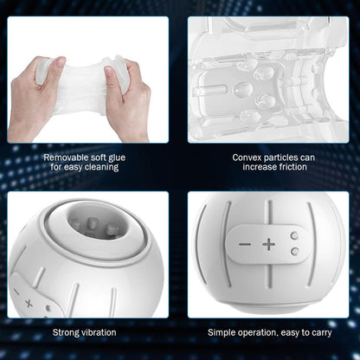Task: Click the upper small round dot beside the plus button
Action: coord(295,235)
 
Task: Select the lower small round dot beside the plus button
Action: coord(295,251)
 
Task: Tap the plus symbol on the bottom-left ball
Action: coord(30,304)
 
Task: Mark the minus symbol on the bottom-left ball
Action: coord(17,292)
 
